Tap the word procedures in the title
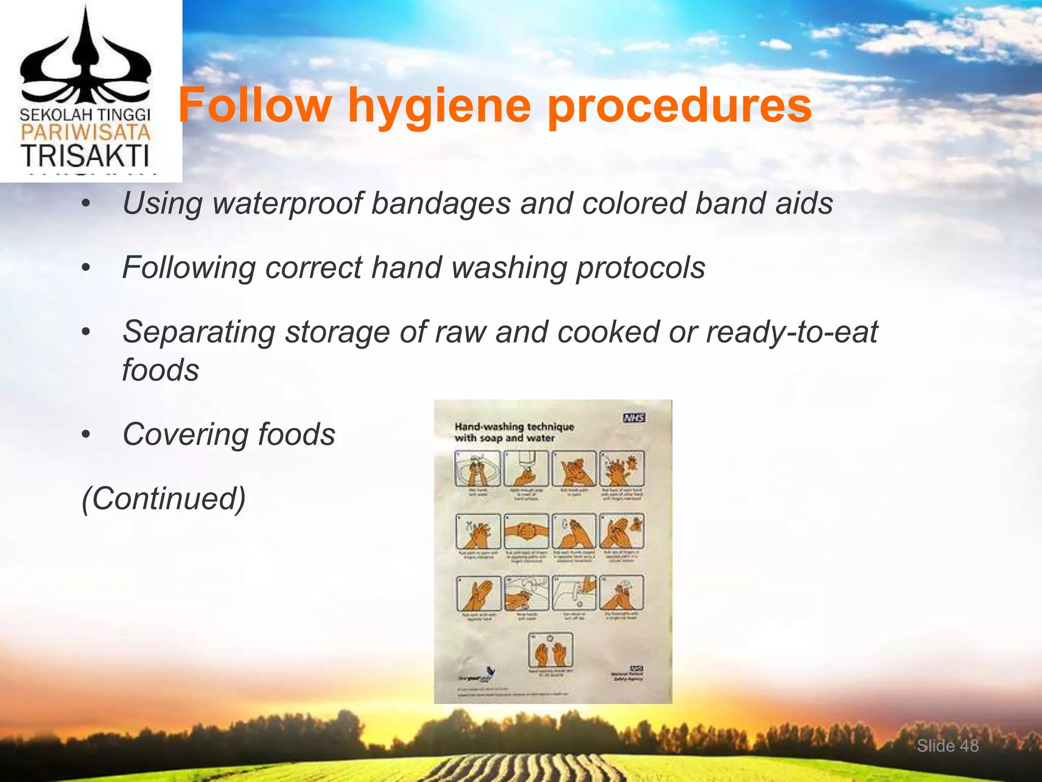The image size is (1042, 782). pos(679,107)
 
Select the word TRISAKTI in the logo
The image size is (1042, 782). pos(85,156)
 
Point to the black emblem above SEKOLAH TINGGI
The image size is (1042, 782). pos(85,59)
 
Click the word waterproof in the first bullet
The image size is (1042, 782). pos(288,204)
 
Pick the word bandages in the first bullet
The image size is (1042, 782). pos(441,204)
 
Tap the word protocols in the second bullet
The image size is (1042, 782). pos(640,268)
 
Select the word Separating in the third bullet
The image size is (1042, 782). pos(198,332)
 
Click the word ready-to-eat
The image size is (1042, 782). pos(792,332)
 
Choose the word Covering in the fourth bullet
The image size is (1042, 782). pos(186,434)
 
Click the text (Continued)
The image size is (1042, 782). pos(163,498)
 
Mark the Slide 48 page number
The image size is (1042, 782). pos(947,746)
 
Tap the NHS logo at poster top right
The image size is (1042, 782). pos(634,418)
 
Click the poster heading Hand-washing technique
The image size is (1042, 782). pos(514,427)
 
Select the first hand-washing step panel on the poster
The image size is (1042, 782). pos(477,469)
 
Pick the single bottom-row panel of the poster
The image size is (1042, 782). pos(551,650)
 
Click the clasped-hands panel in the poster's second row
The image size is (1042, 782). pos(526,531)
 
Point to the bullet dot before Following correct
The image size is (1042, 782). pos(86,268)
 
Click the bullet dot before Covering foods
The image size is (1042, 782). pos(86,434)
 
